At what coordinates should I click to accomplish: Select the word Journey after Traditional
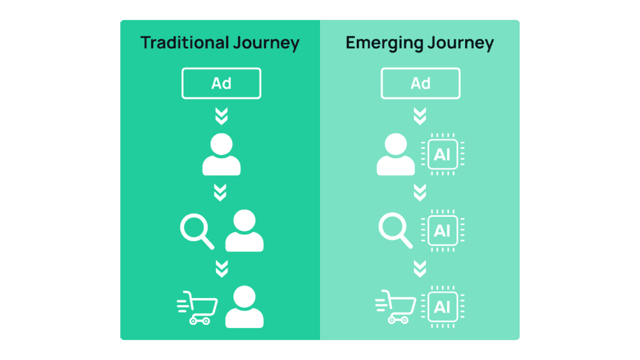[263, 44]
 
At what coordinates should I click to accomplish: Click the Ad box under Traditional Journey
[221, 83]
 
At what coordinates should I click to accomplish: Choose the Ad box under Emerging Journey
[420, 83]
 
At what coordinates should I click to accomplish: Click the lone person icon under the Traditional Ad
[221, 154]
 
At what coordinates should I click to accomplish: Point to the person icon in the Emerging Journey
[396, 154]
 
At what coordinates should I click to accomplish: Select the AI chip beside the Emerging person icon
[442, 154]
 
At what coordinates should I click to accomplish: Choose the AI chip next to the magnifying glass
[442, 231]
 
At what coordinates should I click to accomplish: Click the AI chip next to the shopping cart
[442, 307]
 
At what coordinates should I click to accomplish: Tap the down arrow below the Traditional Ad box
[221, 116]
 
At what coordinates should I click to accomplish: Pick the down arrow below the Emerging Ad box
[420, 116]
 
